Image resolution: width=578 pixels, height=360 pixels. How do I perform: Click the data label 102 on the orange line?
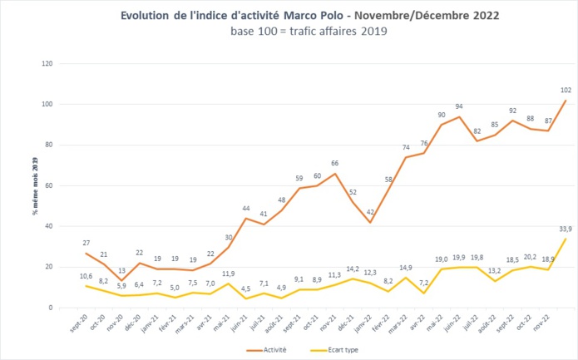click(x=566, y=90)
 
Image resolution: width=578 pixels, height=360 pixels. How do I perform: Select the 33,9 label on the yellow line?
click(x=565, y=229)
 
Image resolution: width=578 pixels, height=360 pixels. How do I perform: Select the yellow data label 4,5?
click(x=245, y=288)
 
